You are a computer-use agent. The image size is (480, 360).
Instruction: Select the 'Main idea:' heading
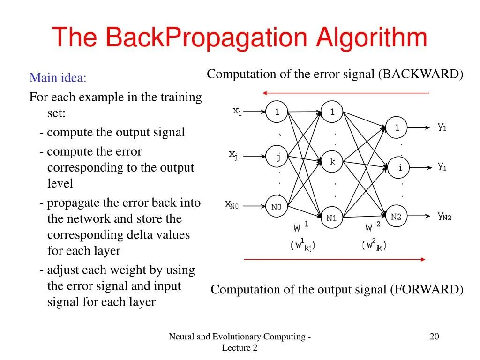[58, 77]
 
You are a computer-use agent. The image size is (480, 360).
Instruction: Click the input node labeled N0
[277, 207]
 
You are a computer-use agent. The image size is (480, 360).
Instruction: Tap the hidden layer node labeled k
[332, 162]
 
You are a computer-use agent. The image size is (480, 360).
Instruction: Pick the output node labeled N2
[396, 216]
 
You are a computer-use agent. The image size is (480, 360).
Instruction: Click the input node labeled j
[277, 157]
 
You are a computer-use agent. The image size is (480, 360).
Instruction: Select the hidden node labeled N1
[332, 218]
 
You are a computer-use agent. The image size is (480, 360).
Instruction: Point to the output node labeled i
[399, 168]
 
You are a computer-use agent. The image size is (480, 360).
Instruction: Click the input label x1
[237, 111]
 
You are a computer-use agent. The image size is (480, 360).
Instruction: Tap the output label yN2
[444, 216]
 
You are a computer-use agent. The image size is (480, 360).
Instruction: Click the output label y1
[442, 127]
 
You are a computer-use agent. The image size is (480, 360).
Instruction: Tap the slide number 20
[434, 336]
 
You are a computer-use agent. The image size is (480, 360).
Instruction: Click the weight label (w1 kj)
[303, 245]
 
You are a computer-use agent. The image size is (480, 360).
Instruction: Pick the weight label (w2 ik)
[375, 245]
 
